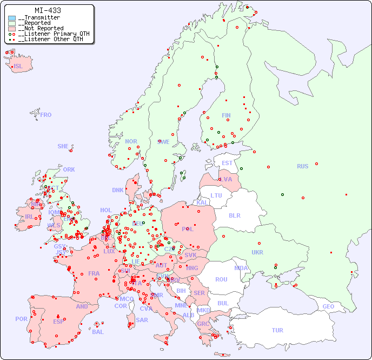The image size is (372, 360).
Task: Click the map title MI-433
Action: [48, 10]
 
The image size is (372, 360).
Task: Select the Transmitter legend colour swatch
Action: [12, 18]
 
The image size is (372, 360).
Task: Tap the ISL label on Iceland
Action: [18, 67]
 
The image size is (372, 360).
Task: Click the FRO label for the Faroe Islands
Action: [46, 115]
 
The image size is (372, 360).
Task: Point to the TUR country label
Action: [277, 330]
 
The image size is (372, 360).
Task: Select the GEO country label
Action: [328, 306]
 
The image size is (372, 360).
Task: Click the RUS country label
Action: [302, 166]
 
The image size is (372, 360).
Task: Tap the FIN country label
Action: [226, 115]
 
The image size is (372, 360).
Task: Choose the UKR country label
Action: [257, 252]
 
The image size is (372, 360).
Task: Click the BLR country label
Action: [234, 215]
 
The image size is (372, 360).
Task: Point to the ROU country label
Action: [221, 279]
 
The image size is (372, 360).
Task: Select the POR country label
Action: [21, 319]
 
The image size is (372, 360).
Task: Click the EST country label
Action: [227, 163]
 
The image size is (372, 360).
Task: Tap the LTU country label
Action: [216, 195]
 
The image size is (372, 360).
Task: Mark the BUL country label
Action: [223, 303]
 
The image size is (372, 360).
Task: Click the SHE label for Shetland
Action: [63, 146]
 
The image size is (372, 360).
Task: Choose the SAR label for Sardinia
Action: [142, 320]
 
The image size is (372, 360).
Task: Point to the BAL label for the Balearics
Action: [98, 332]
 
